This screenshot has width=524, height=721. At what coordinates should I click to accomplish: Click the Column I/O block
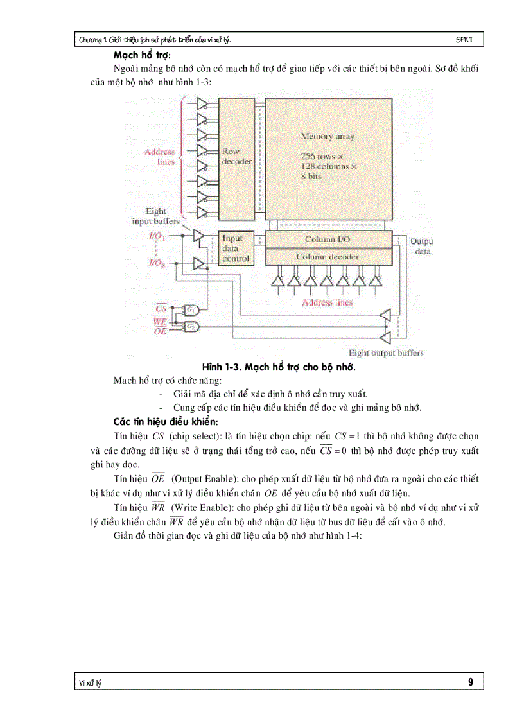click(327, 239)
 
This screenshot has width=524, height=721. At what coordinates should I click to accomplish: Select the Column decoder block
click(327, 257)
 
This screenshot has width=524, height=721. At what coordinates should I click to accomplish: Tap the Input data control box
click(235, 248)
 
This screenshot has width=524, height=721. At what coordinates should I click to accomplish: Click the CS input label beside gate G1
click(161, 309)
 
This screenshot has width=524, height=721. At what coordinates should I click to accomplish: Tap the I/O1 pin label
click(157, 237)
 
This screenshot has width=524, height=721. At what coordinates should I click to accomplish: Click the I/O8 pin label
click(157, 263)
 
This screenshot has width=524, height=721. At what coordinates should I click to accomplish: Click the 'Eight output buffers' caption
click(385, 353)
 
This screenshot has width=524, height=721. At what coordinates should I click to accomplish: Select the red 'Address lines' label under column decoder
click(327, 302)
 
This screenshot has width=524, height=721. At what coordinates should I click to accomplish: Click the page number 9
click(471, 682)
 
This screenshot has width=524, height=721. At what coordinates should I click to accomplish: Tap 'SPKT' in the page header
click(464, 40)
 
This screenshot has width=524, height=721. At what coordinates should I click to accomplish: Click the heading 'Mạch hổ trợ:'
click(137, 55)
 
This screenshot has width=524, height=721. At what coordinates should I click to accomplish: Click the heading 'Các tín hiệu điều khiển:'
click(166, 422)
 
